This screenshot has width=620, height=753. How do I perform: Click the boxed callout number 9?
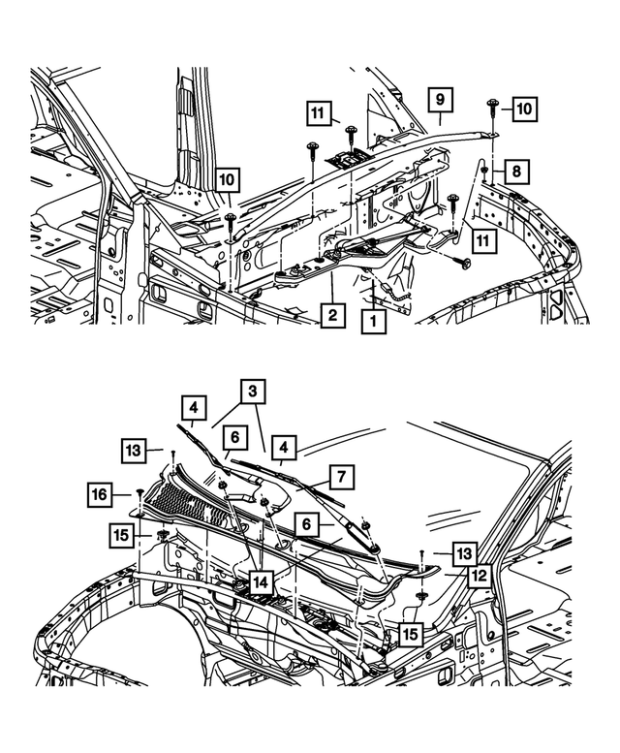coord(439,99)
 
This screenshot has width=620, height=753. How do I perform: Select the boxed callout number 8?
coord(516,172)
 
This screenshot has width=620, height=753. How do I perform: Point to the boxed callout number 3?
coord(253,392)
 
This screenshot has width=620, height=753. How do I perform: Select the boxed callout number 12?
coord(476,575)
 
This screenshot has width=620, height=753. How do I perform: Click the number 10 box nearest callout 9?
coord(523,110)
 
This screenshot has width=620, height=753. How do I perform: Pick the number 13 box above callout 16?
coord(134,450)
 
